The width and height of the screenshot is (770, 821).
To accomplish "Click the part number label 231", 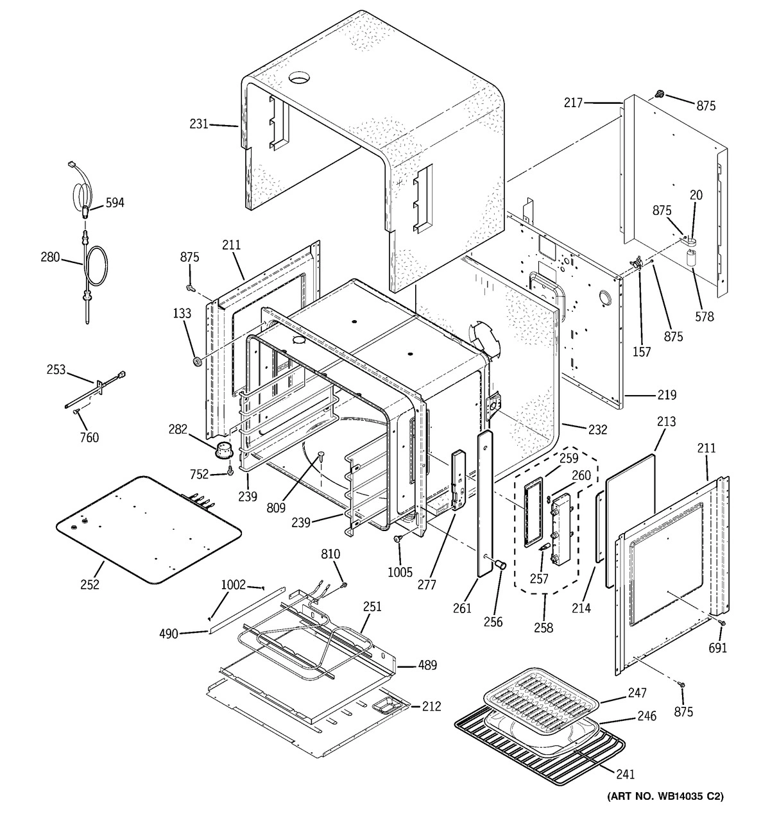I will (198, 124).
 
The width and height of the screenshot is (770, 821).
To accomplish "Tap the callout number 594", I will (115, 203).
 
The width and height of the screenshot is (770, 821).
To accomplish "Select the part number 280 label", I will (50, 257).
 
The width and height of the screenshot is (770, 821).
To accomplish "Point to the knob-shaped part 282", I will (223, 449).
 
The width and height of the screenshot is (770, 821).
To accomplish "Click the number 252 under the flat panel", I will (90, 584).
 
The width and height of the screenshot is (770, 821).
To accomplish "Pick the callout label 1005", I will (400, 572).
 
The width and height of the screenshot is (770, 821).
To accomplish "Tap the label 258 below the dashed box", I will (543, 628).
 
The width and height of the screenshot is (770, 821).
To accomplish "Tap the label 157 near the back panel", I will (642, 351).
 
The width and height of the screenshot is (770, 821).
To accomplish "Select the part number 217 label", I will (574, 102).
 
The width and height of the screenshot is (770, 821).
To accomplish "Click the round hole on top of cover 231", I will (298, 78).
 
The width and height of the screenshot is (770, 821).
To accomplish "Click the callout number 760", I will (89, 437).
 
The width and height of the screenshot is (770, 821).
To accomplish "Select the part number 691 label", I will (717, 648).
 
